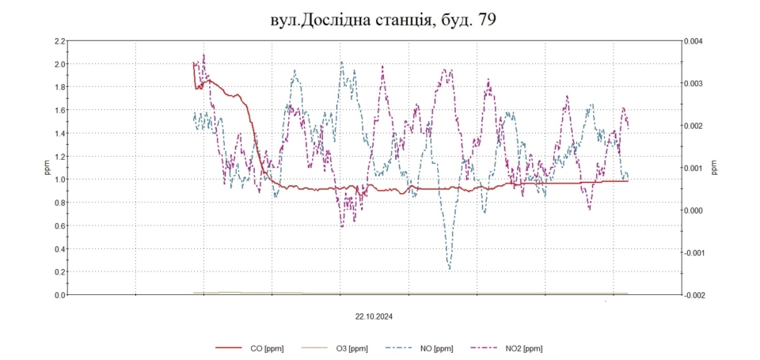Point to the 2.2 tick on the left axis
pos(59,41)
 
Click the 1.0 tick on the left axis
pos(59,180)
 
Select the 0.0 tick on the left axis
pos(59,295)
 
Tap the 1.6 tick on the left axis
pos(59,111)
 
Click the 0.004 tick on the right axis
pos(699,41)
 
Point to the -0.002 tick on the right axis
pos(697,295)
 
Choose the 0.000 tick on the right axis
pos(699,210)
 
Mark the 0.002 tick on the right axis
pos(699,126)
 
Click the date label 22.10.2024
pos(374,315)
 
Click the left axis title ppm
pos(45,168)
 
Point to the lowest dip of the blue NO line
pos(450,269)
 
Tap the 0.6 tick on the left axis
pos(59,226)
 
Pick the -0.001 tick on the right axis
pos(697,252)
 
